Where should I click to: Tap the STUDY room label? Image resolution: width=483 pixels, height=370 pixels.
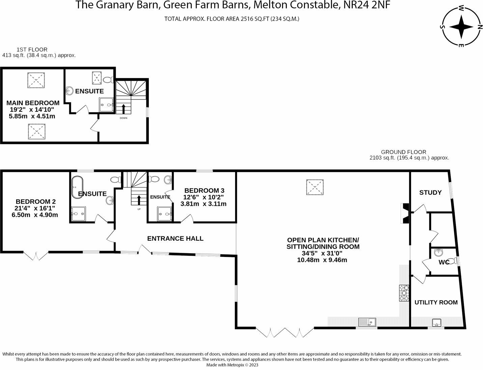430,193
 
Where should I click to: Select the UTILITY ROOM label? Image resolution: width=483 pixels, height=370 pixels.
436,302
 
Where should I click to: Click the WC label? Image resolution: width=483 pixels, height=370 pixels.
444,262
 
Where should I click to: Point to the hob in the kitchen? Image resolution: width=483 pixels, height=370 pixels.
404,293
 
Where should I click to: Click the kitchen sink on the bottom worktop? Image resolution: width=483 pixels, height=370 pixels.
367,322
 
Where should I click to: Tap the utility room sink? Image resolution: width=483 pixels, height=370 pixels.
436,322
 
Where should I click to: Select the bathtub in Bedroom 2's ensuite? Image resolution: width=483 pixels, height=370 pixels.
77,187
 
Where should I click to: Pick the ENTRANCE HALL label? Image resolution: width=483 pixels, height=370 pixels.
175,239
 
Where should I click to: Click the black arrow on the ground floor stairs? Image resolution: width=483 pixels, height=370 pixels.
139,200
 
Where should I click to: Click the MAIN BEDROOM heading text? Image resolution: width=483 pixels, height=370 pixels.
33,103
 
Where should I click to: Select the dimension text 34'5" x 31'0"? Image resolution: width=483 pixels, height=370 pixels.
322,254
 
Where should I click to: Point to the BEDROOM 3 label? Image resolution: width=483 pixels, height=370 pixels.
204,190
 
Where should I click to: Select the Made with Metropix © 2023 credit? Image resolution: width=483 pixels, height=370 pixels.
232,365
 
